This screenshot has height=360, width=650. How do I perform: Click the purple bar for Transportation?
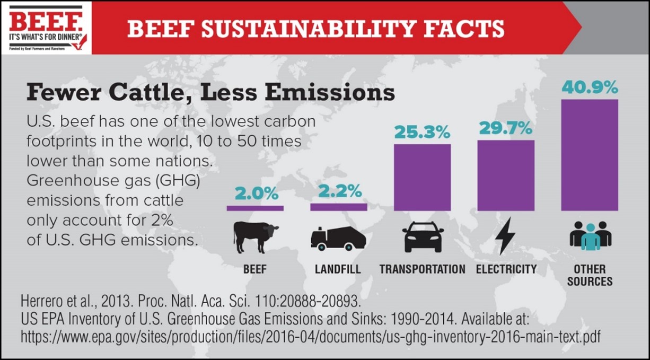click(x=422, y=177)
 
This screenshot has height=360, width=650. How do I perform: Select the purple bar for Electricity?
click(x=506, y=175)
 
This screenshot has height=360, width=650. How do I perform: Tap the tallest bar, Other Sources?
click(x=590, y=155)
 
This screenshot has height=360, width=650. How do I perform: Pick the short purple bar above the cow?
click(x=255, y=208)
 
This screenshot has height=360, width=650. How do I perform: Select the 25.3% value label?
click(x=422, y=131)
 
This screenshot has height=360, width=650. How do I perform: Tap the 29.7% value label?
click(x=505, y=127)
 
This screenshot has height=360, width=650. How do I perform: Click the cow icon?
click(x=256, y=236)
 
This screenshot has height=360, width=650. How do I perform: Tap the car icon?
click(x=423, y=236)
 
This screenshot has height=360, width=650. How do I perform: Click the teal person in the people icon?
click(x=590, y=238)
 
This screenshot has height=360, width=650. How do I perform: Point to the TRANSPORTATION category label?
click(x=422, y=269)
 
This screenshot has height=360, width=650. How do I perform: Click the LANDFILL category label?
click(x=338, y=269)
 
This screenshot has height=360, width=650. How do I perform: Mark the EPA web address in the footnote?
click(x=310, y=337)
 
